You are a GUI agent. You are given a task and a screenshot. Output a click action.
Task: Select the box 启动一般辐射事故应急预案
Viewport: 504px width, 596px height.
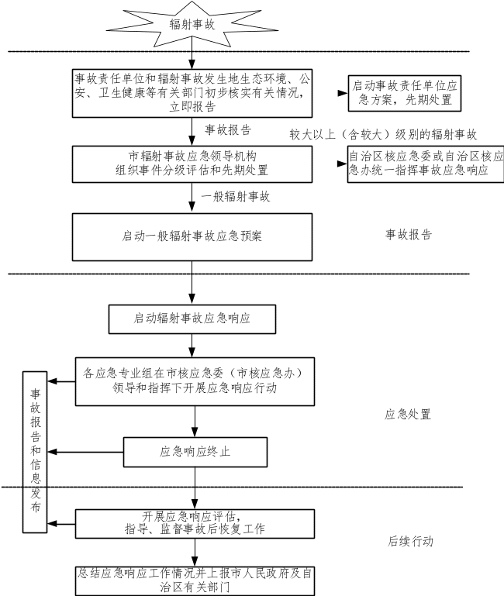[x=192, y=236]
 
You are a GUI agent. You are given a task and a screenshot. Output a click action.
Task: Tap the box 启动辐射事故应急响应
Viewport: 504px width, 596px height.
[x=192, y=319]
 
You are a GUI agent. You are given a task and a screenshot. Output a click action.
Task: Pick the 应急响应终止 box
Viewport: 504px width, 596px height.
[x=195, y=451]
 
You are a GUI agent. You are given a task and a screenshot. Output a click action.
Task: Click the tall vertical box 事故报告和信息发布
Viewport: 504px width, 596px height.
[x=34, y=451]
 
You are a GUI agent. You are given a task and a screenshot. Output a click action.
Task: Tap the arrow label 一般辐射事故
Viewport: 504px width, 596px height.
[x=236, y=198]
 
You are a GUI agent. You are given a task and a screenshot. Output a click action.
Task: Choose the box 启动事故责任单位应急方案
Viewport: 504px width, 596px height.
[x=404, y=93]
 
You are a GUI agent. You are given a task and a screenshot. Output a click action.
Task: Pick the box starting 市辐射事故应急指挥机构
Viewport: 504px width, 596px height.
[x=192, y=163]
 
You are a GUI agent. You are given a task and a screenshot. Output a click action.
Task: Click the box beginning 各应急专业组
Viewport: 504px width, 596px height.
[x=195, y=381]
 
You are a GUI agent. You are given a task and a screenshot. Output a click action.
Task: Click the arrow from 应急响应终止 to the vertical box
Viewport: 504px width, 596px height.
[x=85, y=452]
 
